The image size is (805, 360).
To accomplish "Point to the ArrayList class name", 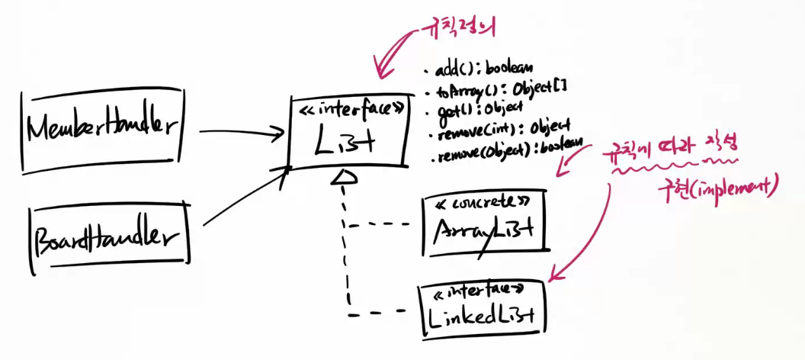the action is [x=483, y=229].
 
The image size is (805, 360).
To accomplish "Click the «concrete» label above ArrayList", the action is [x=483, y=203].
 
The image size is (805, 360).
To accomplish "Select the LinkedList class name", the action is [x=482, y=315].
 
